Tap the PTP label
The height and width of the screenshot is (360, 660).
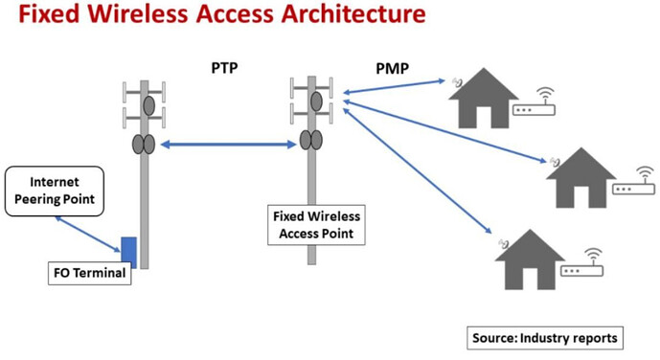tap(225, 69)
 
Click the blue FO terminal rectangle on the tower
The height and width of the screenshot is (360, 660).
tap(128, 252)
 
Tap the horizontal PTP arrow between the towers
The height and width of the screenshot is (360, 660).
tap(228, 145)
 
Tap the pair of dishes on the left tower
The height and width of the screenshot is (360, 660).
tap(143, 145)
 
